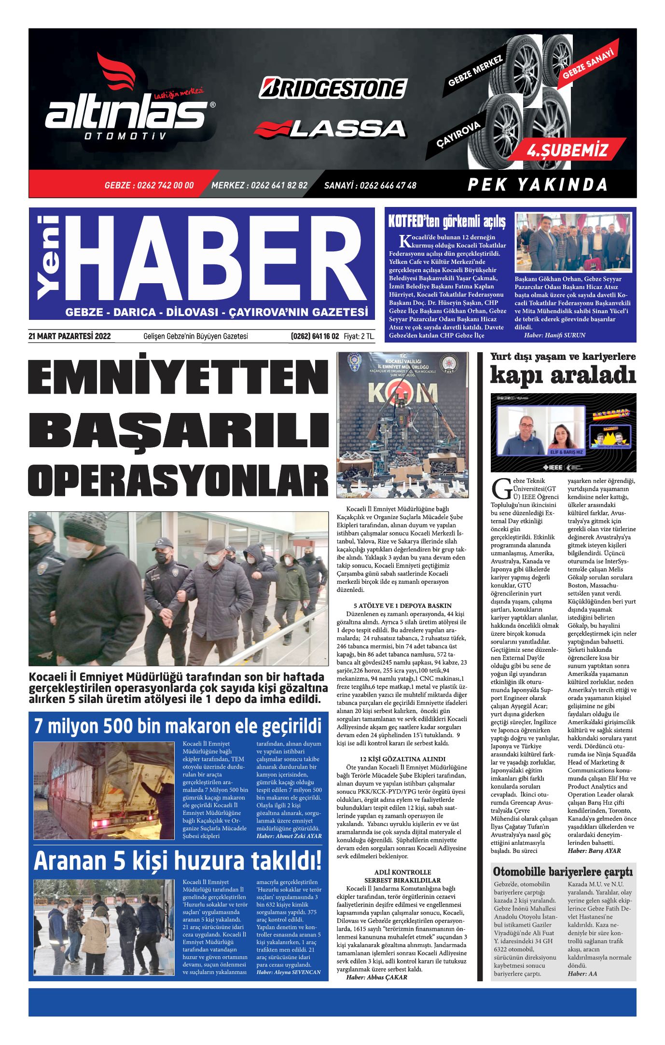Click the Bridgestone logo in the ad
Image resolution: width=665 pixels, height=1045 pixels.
333,88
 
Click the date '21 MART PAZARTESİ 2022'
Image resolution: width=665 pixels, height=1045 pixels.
69,336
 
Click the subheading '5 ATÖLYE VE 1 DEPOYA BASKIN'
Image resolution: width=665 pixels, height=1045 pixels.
402,605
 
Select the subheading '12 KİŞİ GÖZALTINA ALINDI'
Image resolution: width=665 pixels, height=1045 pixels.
402,759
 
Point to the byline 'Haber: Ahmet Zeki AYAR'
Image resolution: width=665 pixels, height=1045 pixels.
289,836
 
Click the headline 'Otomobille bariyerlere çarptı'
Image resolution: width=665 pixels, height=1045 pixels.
563,872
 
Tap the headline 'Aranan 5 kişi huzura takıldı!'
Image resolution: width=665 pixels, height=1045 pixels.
178,861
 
